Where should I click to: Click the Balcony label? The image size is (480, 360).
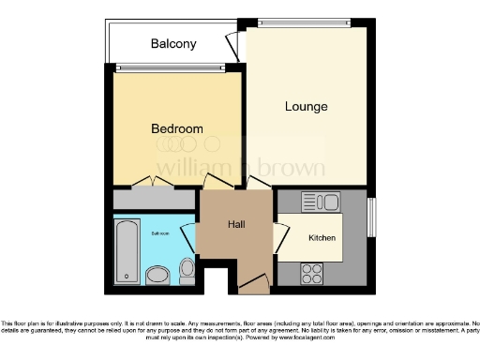(x=173, y=44)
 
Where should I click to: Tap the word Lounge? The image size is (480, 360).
(x=307, y=106)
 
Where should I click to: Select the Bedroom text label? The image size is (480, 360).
(x=177, y=128)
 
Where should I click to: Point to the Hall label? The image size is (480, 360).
(x=236, y=225)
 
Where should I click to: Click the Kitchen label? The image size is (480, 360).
(x=322, y=238)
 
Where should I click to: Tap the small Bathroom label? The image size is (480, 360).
(x=158, y=233)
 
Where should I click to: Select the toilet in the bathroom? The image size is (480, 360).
(x=187, y=271)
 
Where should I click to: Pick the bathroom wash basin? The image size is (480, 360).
(x=158, y=275)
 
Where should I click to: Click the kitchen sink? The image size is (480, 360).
(x=324, y=201)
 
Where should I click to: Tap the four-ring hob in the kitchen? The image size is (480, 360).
(x=311, y=274)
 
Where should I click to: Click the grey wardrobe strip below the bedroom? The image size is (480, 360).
(x=154, y=200)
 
